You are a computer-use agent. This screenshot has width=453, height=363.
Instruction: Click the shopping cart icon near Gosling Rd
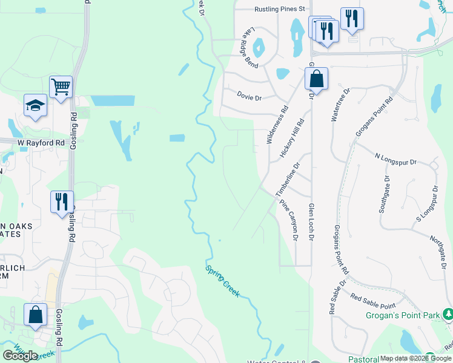(61, 88)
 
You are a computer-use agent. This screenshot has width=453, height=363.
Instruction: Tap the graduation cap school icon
(35, 105)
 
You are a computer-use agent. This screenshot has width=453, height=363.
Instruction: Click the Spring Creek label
(222, 281)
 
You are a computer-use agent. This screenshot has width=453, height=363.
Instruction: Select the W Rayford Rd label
(41, 143)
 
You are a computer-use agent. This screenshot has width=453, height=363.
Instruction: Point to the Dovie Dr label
(249, 97)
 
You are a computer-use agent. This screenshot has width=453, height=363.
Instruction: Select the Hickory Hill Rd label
(292, 139)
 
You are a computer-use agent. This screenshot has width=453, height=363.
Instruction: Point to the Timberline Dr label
(288, 179)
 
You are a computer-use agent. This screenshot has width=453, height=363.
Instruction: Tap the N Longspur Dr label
(396, 162)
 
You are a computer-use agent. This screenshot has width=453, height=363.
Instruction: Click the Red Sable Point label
(373, 301)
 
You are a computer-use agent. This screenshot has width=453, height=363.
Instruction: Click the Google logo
(20, 355)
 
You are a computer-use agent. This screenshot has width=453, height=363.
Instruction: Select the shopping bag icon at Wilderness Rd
(316, 79)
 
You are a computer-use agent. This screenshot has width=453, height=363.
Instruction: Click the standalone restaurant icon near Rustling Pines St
(351, 18)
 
